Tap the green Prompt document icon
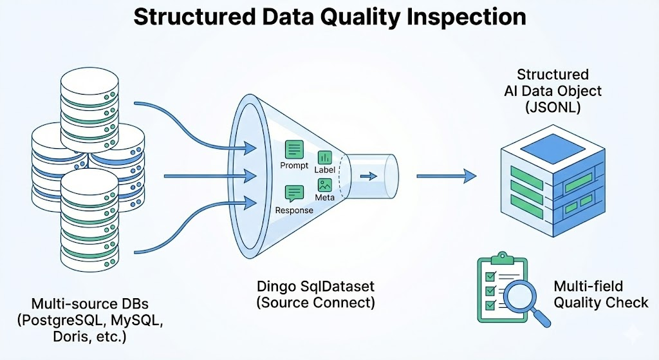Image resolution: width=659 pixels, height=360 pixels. pyautogui.click(x=295, y=150)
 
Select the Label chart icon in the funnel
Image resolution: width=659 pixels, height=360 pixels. pyautogui.click(x=325, y=157)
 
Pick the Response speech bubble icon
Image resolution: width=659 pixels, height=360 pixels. pyautogui.click(x=295, y=194)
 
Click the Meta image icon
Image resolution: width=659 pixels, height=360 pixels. pyautogui.click(x=325, y=184)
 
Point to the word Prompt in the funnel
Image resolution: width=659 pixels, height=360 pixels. pyautogui.click(x=295, y=166)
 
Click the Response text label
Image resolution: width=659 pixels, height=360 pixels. pyautogui.click(x=294, y=210)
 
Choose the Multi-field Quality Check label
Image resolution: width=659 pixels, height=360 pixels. pyautogui.click(x=595, y=294)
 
